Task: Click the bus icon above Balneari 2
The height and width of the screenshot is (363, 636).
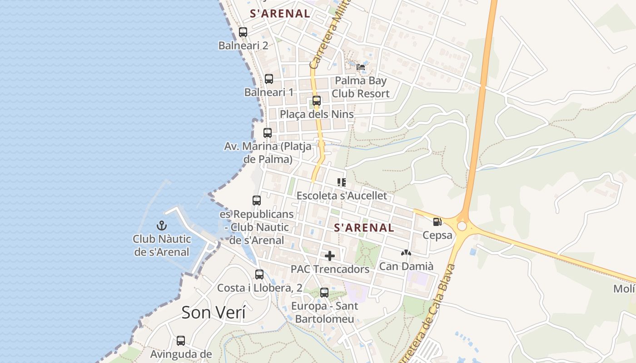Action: pyautogui.click(x=243, y=32)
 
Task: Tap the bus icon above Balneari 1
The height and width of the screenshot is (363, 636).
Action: pyautogui.click(x=269, y=79)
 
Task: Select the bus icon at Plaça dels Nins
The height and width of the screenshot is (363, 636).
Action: pyautogui.click(x=317, y=101)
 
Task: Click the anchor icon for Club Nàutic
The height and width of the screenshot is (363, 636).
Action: pyautogui.click(x=162, y=226)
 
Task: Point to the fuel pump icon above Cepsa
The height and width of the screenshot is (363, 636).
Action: pyautogui.click(x=437, y=222)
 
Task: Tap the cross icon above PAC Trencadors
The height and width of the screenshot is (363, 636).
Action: pyautogui.click(x=330, y=256)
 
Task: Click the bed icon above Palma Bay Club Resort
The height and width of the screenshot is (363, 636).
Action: pyautogui.click(x=361, y=67)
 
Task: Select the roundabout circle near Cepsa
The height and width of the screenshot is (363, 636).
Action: pyautogui.click(x=462, y=226)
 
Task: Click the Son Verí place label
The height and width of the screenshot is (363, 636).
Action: pyautogui.click(x=214, y=313)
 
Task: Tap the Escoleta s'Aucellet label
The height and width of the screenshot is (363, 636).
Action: pyautogui.click(x=342, y=196)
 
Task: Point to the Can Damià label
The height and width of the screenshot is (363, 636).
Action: pyautogui.click(x=406, y=266)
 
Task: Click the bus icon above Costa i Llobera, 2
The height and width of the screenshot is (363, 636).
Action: pyautogui.click(x=259, y=275)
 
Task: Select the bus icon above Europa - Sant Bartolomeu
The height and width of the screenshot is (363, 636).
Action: pyautogui.click(x=324, y=293)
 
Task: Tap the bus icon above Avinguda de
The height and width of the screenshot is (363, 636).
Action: pyautogui.click(x=181, y=341)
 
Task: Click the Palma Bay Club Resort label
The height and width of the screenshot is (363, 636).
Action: pyautogui.click(x=361, y=87)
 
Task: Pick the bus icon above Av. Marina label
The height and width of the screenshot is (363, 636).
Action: pyautogui.click(x=268, y=133)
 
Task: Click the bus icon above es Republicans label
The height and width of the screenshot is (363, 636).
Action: pyautogui.click(x=257, y=201)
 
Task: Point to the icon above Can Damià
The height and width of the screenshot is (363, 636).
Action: pyautogui.click(x=406, y=253)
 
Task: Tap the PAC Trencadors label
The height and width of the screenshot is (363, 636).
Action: pyautogui.click(x=330, y=269)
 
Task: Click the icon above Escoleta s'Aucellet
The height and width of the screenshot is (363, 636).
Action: pyautogui.click(x=342, y=182)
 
